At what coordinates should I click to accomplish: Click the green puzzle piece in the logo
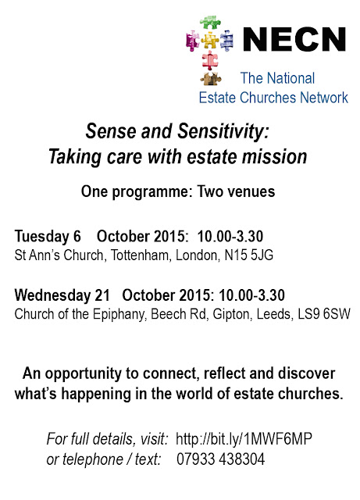pyautogui.click(x=210, y=23)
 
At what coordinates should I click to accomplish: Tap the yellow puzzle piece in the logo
pyautogui.click(x=210, y=41)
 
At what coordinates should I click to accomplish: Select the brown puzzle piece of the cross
pyautogui.click(x=210, y=79)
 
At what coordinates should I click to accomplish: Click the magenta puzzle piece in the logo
pyautogui.click(x=192, y=41)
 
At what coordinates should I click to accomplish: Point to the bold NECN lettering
pyautogui.click(x=294, y=39)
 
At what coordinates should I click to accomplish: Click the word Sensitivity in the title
pyautogui.click(x=223, y=131)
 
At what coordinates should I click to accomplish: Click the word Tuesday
pyautogui.click(x=41, y=237)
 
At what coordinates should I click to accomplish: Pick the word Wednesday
pyautogui.click(x=52, y=295)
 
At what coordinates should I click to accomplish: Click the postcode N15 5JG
pyautogui.click(x=249, y=255)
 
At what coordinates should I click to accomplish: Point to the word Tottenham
pyautogui.click(x=139, y=255)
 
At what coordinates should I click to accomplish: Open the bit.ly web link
pyautogui.click(x=244, y=439)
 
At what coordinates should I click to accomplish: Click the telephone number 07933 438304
pyautogui.click(x=221, y=459)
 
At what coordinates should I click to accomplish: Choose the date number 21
pyautogui.click(x=102, y=295)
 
